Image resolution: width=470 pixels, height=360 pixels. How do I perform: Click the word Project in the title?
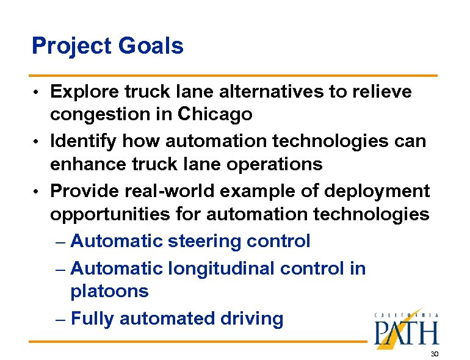tap(68, 46)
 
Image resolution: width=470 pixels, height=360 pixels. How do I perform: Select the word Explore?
tap(85, 92)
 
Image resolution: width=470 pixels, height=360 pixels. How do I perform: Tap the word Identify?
tap(84, 142)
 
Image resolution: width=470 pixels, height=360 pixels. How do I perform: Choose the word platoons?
tap(109, 291)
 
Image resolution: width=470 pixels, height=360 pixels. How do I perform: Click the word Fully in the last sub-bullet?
tap(93, 319)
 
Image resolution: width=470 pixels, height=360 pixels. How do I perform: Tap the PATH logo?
tap(407, 329)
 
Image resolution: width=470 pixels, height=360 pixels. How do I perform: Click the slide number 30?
tap(435, 355)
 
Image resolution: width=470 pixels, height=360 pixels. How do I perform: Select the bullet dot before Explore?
tap(38, 93)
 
